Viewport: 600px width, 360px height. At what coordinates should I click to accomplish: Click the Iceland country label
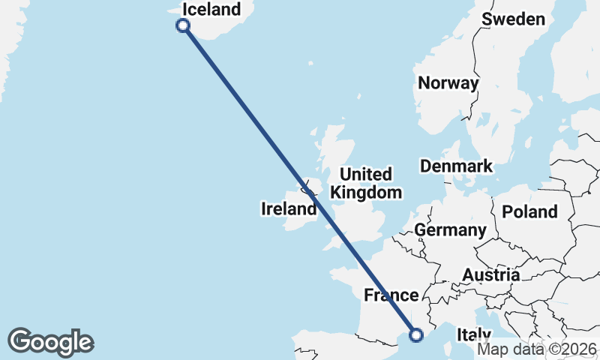click(x=211, y=10)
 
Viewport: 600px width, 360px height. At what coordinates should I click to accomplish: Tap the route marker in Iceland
click(x=182, y=25)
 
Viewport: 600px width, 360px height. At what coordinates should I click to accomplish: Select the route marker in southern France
click(x=416, y=334)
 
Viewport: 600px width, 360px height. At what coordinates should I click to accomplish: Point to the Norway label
click(x=448, y=83)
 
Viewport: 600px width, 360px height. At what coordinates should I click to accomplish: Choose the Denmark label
click(x=456, y=166)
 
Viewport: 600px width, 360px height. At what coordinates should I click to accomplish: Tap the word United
click(x=365, y=175)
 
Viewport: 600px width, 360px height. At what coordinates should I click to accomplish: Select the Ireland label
click(x=289, y=208)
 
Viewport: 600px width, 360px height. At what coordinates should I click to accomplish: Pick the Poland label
click(x=530, y=211)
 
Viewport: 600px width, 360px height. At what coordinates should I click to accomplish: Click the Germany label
click(x=451, y=229)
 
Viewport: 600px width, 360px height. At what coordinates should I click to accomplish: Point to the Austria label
click(x=491, y=274)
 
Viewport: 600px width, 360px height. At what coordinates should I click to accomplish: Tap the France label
click(x=391, y=295)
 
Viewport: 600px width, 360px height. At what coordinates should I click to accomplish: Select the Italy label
click(x=474, y=334)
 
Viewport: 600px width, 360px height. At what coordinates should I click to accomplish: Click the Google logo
click(x=50, y=342)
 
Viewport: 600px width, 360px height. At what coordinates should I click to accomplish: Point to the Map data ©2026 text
click(x=537, y=349)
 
